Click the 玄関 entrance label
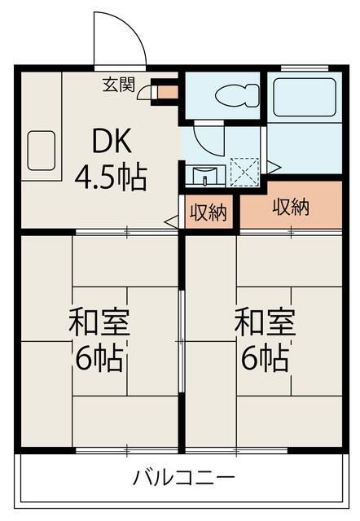click(119, 85)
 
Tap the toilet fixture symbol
click(237, 95)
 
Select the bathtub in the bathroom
click(305, 97)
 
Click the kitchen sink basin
click(42, 151)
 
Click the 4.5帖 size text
click(111, 177)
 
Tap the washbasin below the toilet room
click(205, 175)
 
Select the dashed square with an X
click(244, 172)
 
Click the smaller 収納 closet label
click(208, 212)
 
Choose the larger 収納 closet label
click(291, 207)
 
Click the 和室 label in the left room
click(99, 322)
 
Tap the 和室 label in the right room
click(265, 322)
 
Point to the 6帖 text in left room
click(99, 359)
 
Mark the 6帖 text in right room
click(265, 359)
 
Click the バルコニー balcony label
click(184, 478)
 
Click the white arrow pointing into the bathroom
click(274, 167)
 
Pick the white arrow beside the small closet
click(172, 221)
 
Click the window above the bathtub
click(305, 68)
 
